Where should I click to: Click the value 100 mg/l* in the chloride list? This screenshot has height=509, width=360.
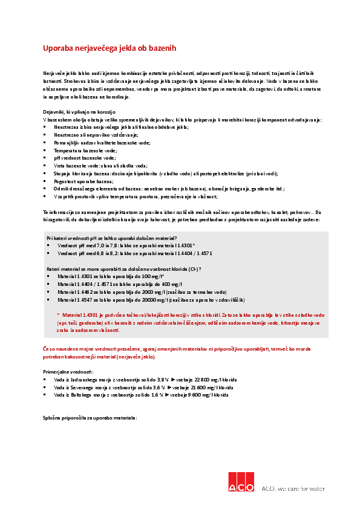152,276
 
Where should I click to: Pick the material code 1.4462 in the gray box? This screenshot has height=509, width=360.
86,291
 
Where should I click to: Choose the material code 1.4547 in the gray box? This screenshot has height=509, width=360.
86,299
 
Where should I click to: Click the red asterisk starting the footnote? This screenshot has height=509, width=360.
58,315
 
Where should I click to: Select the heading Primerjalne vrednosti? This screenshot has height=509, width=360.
68,372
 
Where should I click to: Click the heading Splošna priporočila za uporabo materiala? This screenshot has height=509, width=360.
90,418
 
